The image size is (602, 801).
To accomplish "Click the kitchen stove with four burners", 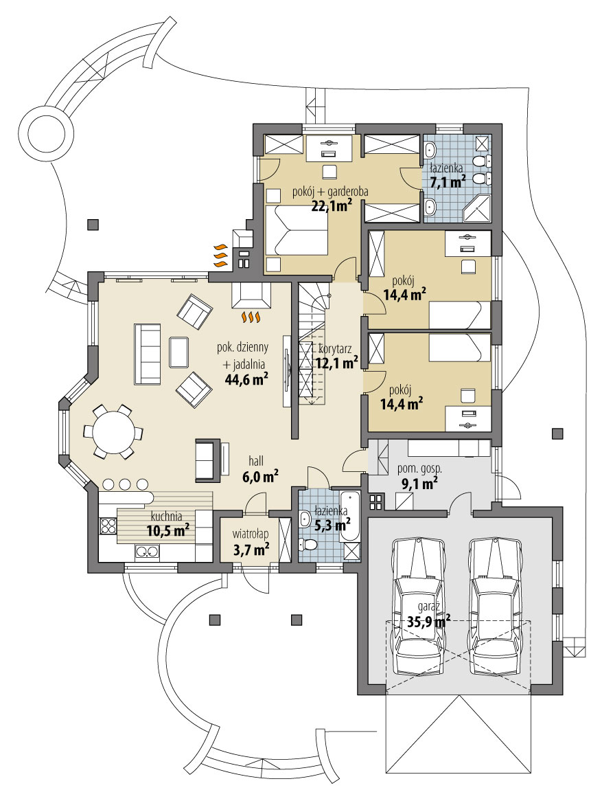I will pyautogui.click(x=108, y=526).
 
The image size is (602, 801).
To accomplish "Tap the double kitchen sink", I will pyautogui.click(x=148, y=550).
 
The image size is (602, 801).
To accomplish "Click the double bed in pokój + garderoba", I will pyautogui.click(x=297, y=232).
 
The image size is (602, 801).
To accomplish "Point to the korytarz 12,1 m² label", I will pyautogui.click(x=338, y=354).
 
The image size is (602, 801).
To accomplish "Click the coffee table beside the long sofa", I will pyautogui.click(x=179, y=353).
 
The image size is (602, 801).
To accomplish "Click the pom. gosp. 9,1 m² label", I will pyautogui.click(x=419, y=476).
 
